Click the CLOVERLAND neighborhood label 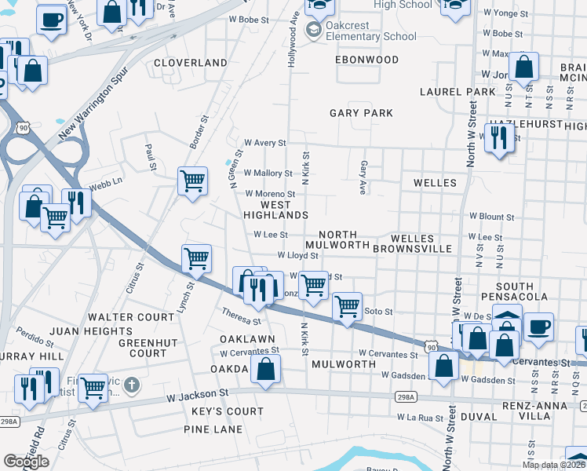(191, 63)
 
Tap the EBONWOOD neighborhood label (362, 60)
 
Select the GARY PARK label (361, 113)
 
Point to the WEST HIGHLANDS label (274, 210)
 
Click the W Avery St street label (265, 143)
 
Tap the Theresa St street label (240, 316)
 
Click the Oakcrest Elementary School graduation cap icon (314, 30)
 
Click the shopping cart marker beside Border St (192, 181)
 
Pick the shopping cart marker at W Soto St (347, 306)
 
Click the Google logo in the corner (26, 462)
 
